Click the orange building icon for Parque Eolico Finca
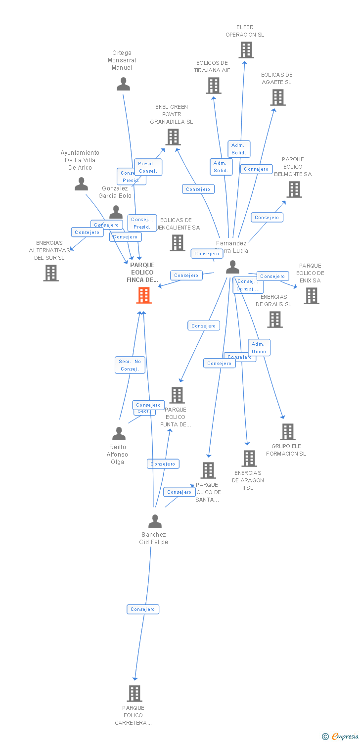click(x=144, y=295)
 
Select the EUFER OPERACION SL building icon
click(x=246, y=50)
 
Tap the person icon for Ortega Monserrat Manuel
click(x=123, y=84)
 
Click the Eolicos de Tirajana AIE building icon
click(x=214, y=86)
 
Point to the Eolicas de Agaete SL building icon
click(x=278, y=97)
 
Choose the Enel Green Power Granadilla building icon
click(x=173, y=137)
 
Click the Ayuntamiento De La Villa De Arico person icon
click(x=81, y=184)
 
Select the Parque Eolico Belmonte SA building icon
click(x=294, y=189)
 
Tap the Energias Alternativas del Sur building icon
click(x=51, y=273)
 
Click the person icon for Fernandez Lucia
click(x=232, y=267)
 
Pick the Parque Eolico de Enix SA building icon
click(x=311, y=295)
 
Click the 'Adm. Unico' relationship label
click(x=259, y=348)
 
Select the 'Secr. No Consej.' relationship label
click(x=130, y=365)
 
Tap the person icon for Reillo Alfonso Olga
click(x=119, y=433)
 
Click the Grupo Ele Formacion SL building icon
click(x=288, y=431)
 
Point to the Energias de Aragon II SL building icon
click(x=249, y=459)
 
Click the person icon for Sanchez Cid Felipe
click(x=155, y=521)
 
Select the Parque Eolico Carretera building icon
click(x=135, y=693)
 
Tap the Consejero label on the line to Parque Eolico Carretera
click(x=143, y=609)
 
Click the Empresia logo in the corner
click(x=341, y=737)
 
